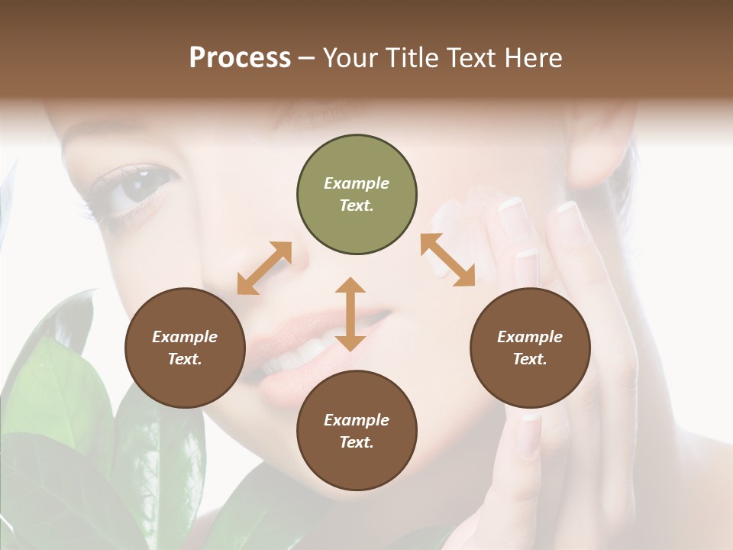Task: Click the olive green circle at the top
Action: (357, 195)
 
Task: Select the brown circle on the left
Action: (185, 348)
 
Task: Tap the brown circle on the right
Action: (530, 348)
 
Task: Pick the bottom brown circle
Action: (357, 431)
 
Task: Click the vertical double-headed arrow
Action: (350, 314)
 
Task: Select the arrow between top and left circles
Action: (264, 268)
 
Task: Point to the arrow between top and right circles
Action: (447, 260)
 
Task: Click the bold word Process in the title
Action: (240, 57)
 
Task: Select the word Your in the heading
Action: (347, 57)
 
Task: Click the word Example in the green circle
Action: (357, 183)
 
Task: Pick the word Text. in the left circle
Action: (185, 359)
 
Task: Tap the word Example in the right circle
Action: (530, 337)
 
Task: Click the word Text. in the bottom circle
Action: (357, 442)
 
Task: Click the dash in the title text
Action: (307, 58)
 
